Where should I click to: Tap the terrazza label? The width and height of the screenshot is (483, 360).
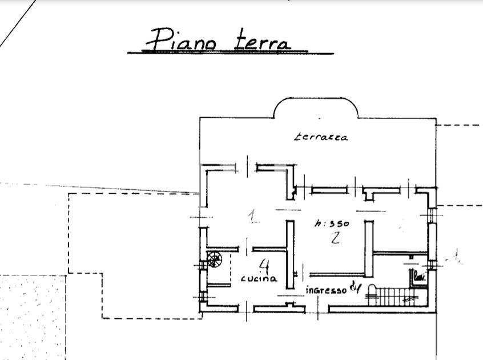click(x=321, y=137)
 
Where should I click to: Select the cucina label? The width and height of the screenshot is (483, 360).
click(x=259, y=279)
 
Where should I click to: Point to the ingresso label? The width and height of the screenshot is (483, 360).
click(x=327, y=290)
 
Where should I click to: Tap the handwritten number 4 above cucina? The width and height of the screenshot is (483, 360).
click(x=263, y=266)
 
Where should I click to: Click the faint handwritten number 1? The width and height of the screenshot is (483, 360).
click(x=252, y=215)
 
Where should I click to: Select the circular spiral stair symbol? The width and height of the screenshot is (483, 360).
click(x=215, y=259)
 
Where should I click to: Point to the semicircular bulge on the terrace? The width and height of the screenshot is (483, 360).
click(x=316, y=106)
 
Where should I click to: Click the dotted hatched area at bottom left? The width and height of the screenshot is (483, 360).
click(x=31, y=314)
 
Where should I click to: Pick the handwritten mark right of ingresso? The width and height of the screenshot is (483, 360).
click(x=357, y=288)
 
